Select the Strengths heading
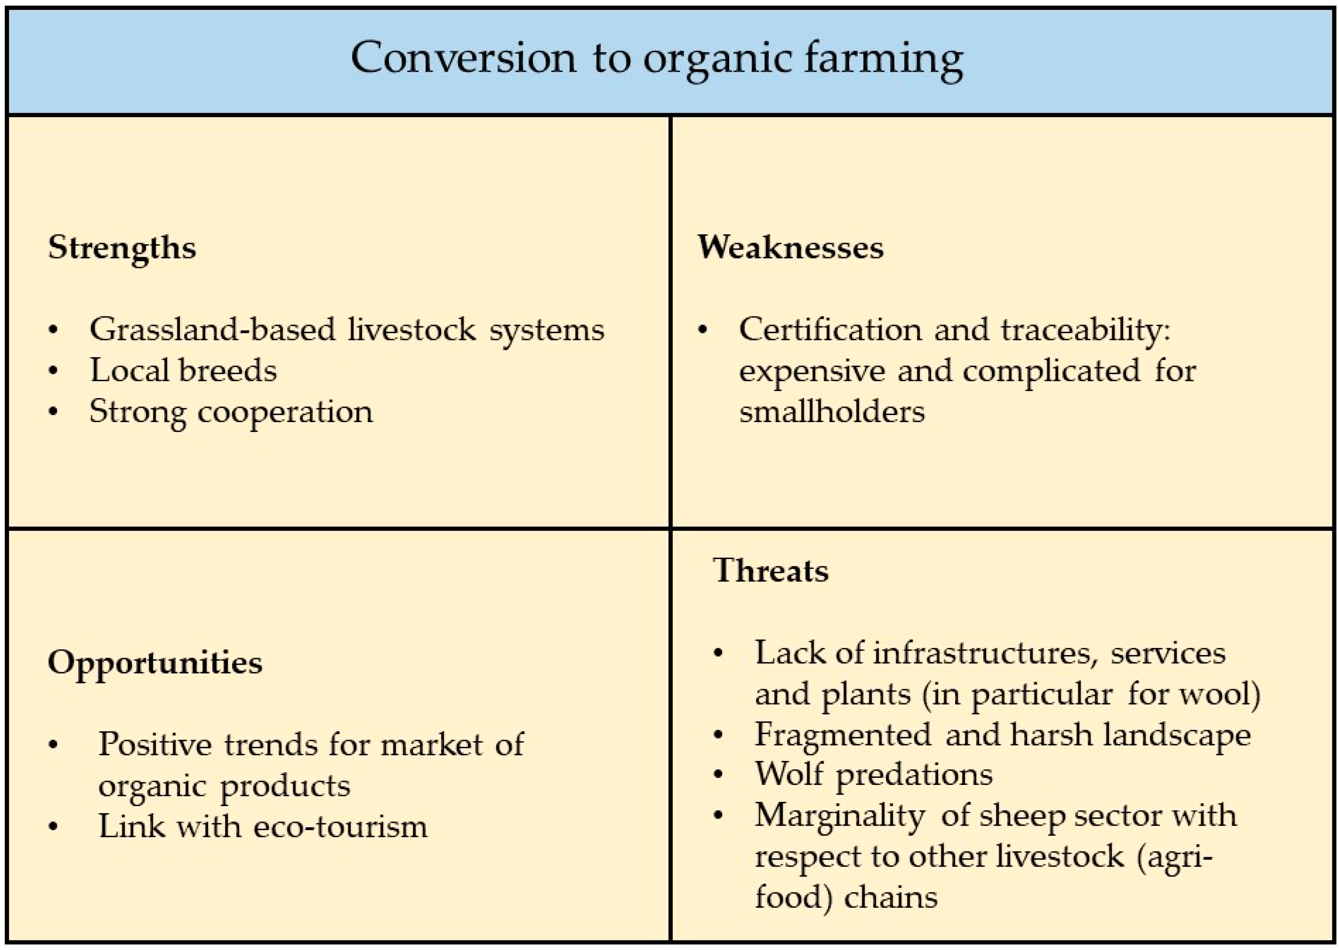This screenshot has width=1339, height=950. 121,248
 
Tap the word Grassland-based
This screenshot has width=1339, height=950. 212,329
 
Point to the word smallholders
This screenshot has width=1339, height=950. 832,412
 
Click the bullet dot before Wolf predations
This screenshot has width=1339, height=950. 718,775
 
